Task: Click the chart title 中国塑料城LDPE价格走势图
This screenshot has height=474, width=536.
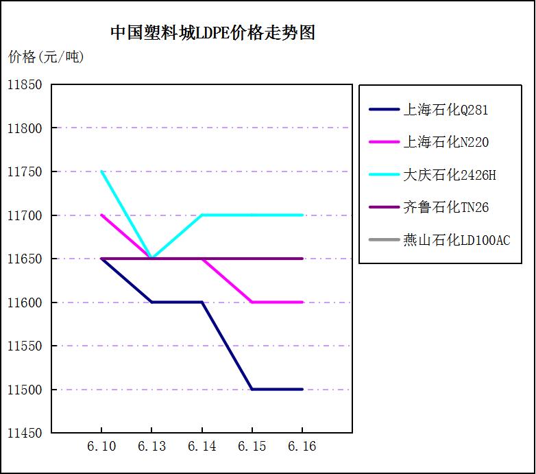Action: tap(212, 33)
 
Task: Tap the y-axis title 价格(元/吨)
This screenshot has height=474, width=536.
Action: tap(46, 57)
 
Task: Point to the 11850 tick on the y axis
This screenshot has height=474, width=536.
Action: tap(25, 85)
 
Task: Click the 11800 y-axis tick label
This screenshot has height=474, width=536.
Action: tap(25, 128)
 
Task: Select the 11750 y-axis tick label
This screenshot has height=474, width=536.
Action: tap(25, 172)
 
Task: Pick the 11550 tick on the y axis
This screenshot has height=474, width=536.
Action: tap(25, 346)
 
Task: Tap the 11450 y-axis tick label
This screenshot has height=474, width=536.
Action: tap(25, 434)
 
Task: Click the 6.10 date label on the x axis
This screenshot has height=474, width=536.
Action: tap(101, 447)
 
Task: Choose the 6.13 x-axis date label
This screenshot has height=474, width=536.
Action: tap(151, 447)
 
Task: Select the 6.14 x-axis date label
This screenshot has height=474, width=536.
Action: tap(202, 447)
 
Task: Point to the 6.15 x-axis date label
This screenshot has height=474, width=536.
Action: tap(252, 447)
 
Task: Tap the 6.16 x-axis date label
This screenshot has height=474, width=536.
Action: tap(302, 447)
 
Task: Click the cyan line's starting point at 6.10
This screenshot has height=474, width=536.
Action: tap(101, 171)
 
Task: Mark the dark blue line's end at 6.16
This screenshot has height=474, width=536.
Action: tap(302, 389)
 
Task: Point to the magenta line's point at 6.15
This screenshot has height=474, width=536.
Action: tap(252, 302)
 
